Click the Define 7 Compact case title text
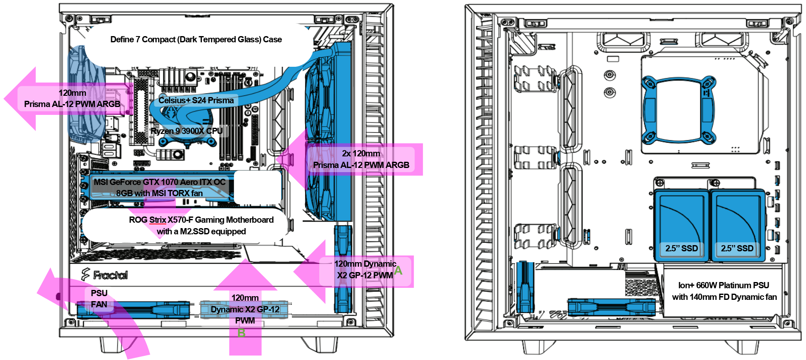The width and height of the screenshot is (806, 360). coord(196,39)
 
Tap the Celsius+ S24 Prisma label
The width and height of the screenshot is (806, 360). coord(196,100)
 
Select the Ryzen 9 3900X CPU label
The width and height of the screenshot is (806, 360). coord(187,131)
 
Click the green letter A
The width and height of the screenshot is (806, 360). coord(398,271)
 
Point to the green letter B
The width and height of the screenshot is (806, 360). coord(241,333)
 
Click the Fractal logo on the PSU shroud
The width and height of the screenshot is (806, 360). coord(105,275)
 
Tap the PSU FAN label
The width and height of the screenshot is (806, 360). coord(99,299)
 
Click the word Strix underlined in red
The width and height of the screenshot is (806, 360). coord(158,220)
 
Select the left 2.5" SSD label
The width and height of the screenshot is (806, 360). coord(682,248)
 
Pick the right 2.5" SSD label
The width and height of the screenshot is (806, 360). coord(737,248)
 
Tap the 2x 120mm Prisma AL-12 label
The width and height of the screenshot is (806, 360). coord(361,159)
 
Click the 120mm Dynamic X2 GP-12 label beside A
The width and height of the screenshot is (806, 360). coord(365,270)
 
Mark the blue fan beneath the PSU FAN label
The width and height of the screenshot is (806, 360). coord(133,311)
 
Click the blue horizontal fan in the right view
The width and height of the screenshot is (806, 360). coord(611,307)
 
